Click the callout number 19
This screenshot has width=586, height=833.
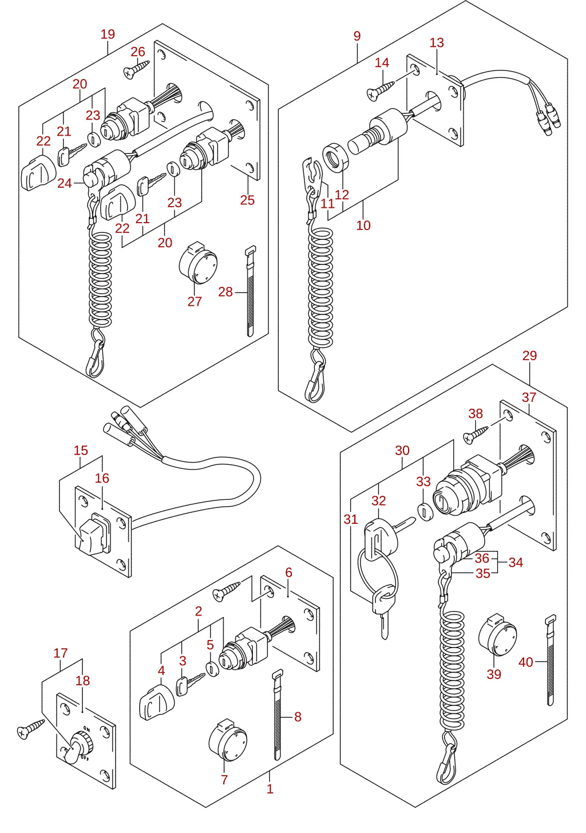[108, 34]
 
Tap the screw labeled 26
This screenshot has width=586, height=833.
[136, 69]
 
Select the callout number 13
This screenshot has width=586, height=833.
[437, 43]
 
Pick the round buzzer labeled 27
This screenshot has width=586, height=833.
[197, 263]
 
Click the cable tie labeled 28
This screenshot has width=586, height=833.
[251, 291]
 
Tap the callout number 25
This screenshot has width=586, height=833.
[247, 200]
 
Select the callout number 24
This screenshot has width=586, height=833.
[65, 183]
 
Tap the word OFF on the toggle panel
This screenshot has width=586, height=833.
[85, 757]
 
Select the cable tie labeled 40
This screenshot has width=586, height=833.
[551, 660]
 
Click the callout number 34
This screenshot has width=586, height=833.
[516, 562]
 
